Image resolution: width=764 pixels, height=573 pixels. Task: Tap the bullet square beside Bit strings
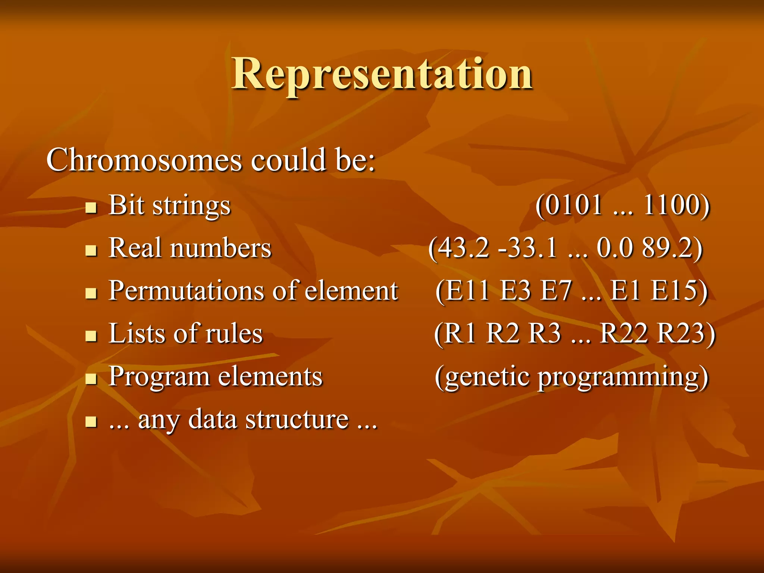91,207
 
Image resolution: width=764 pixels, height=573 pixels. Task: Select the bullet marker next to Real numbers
91,250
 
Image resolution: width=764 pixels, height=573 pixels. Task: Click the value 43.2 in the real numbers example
463,248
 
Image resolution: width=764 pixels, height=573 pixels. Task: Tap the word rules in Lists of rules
234,334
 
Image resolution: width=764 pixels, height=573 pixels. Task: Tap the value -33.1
528,248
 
